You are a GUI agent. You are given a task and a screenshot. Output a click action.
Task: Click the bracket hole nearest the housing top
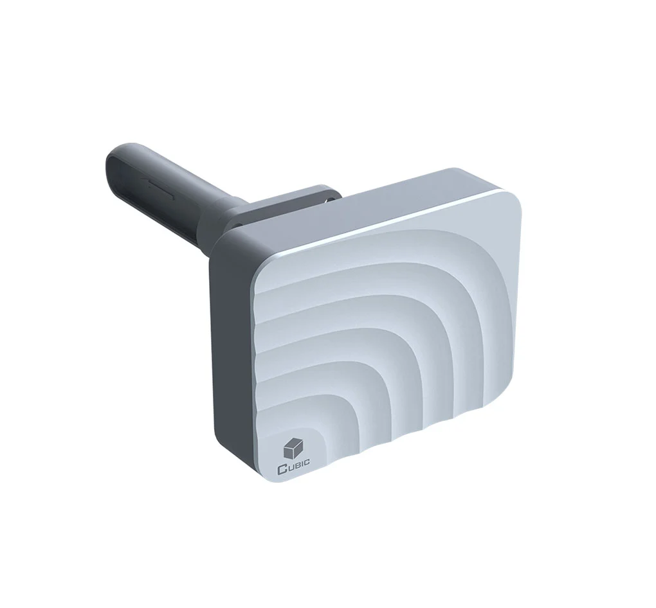(x=329, y=199)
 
